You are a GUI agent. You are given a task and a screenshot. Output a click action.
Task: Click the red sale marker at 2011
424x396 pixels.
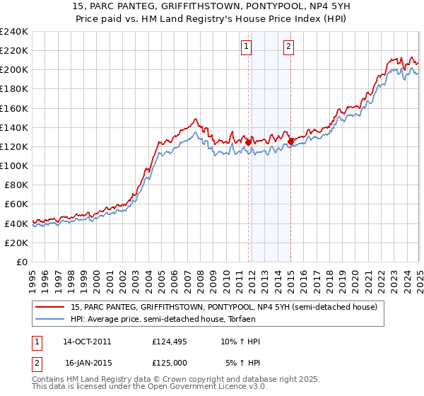click(249, 142)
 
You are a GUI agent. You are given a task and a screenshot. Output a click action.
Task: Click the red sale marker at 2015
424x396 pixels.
click(290, 141)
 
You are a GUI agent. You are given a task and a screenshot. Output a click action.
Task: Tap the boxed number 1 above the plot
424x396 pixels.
click(247, 47)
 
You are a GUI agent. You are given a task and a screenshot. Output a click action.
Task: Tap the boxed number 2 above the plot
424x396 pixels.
click(290, 47)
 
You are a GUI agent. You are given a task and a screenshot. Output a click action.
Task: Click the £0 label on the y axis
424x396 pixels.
click(22, 262)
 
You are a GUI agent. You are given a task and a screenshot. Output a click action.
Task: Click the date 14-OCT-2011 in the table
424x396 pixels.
click(87, 342)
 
